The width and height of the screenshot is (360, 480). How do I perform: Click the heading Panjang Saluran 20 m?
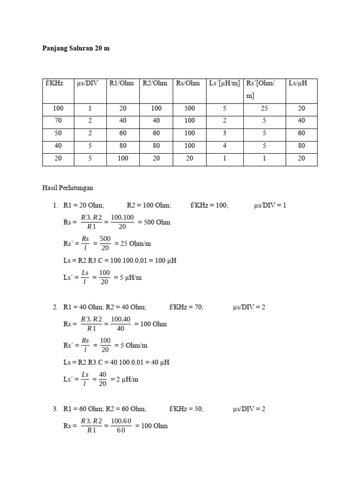[x=76, y=48]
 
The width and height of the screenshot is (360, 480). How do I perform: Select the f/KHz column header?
[x=54, y=83]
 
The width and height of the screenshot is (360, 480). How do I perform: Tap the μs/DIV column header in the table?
[x=87, y=83]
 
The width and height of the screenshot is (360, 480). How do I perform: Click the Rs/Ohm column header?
[x=187, y=83]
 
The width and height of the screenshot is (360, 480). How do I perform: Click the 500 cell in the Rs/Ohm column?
[x=189, y=108]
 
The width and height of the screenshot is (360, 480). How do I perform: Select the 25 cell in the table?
[x=264, y=108]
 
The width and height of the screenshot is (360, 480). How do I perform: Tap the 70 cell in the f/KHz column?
[x=58, y=120]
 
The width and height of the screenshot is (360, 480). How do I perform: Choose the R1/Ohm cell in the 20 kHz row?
[x=123, y=158]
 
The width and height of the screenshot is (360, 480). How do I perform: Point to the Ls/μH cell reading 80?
[x=301, y=146]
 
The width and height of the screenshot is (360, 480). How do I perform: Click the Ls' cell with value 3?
[x=225, y=133]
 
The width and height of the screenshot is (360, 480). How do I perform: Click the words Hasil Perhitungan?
[x=67, y=188]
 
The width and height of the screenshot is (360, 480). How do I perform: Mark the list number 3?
[x=55, y=409]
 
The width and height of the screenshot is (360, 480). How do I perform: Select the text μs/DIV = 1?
[x=270, y=205]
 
